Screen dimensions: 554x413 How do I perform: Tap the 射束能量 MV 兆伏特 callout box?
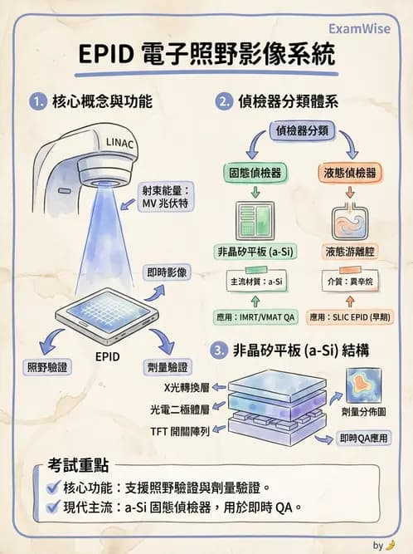coord(168,196)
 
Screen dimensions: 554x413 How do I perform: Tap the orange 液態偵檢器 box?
coord(348,174)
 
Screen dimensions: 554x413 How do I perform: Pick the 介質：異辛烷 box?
coord(350,283)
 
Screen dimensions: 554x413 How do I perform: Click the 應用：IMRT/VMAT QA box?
coord(255,316)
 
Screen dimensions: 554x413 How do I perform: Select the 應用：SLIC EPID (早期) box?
coord(349,316)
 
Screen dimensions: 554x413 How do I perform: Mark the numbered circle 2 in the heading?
coord(221,103)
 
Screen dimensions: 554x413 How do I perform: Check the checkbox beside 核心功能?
coord(53,488)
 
